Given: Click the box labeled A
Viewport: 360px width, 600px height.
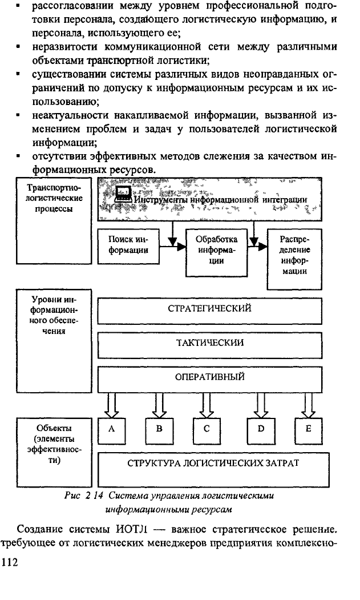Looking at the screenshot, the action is coord(112,430).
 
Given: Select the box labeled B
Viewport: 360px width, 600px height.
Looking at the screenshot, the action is coord(159,430).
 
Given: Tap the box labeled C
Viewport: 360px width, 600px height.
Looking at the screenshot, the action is coord(207,430).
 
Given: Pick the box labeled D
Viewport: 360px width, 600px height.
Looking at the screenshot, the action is coord(261,430).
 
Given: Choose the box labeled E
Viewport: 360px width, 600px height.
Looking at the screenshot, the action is coord(308,430).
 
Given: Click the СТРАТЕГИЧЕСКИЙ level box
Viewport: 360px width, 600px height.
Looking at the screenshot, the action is coord(209,311).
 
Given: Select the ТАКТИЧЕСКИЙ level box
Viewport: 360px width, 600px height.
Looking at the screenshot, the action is coord(209,345).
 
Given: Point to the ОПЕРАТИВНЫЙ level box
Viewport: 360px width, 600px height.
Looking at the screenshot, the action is coord(209,380).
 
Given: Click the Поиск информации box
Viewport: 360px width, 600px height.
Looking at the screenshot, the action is coord(128,246).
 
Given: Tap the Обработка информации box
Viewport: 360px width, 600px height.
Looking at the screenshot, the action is coord(216,252).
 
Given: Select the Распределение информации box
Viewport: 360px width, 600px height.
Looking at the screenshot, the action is coord(294,259).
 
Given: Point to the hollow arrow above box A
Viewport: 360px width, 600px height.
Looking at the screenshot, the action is coord(112,405).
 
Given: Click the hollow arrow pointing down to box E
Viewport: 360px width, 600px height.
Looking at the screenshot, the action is coord(308,405).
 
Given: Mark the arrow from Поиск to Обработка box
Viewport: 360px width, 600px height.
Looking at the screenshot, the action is coord(172,247).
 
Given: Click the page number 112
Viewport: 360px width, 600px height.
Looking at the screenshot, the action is coord(10,562).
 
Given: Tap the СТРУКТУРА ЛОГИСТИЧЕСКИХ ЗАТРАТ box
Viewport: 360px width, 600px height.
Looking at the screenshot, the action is coord(213,470).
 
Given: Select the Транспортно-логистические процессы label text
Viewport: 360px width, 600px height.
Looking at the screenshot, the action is coord(54,198).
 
